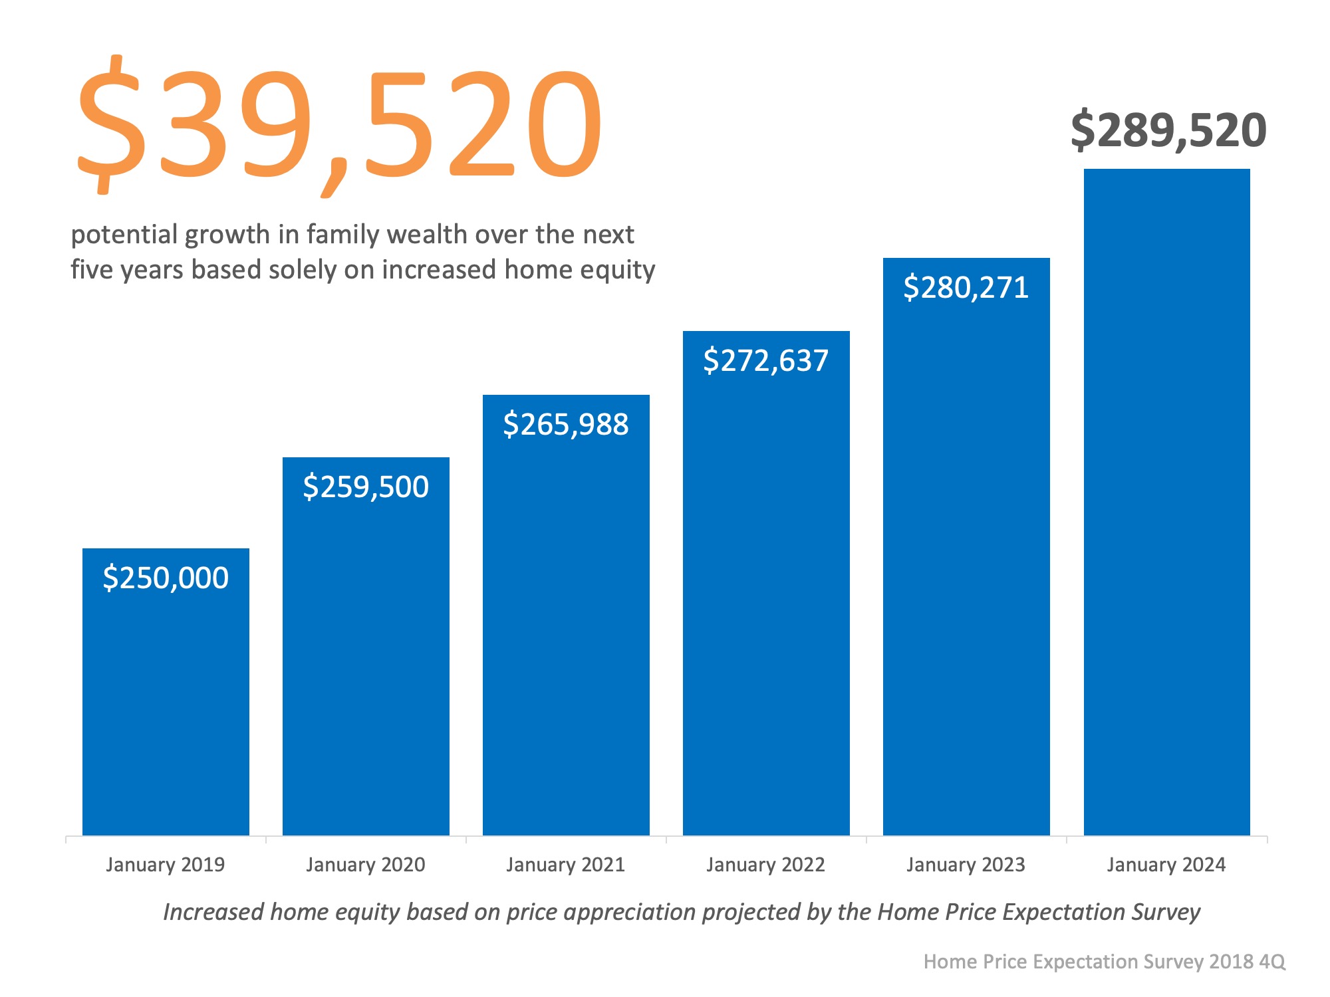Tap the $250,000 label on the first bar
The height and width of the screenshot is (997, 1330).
click(166, 578)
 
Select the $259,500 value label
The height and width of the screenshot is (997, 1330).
click(366, 487)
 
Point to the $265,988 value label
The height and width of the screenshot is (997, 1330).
click(566, 424)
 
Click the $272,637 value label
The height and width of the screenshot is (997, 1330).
click(766, 360)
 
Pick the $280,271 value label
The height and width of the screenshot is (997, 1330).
click(966, 287)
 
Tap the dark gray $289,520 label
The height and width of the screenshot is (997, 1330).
click(1168, 130)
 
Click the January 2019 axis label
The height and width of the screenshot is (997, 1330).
click(166, 865)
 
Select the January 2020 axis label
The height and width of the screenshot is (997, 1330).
click(366, 865)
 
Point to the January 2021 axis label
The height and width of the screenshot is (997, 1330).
click(566, 865)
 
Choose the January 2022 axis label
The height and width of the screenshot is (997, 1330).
click(766, 865)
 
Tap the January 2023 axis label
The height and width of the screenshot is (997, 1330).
click(966, 865)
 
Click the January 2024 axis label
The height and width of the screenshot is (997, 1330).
click(1166, 865)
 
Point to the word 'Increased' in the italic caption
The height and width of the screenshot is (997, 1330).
click(213, 912)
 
